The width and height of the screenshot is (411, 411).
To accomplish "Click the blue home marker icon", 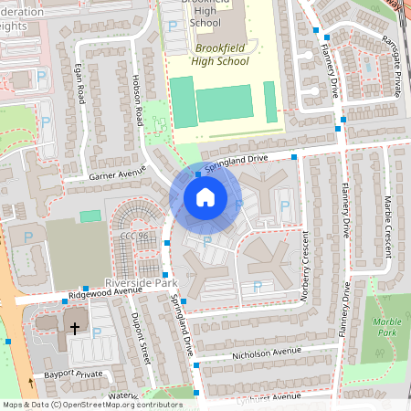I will click(205, 196).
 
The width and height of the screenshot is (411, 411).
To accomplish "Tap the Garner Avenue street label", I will click(117, 173).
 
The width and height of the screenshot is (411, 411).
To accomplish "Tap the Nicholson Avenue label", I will click(265, 351).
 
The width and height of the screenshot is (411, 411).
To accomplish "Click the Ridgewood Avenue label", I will click(108, 295).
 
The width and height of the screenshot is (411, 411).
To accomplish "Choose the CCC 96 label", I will click(133, 236).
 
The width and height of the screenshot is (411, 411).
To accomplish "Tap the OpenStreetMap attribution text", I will click(91, 404).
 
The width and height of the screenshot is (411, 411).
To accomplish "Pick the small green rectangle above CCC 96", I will click(90, 216).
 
